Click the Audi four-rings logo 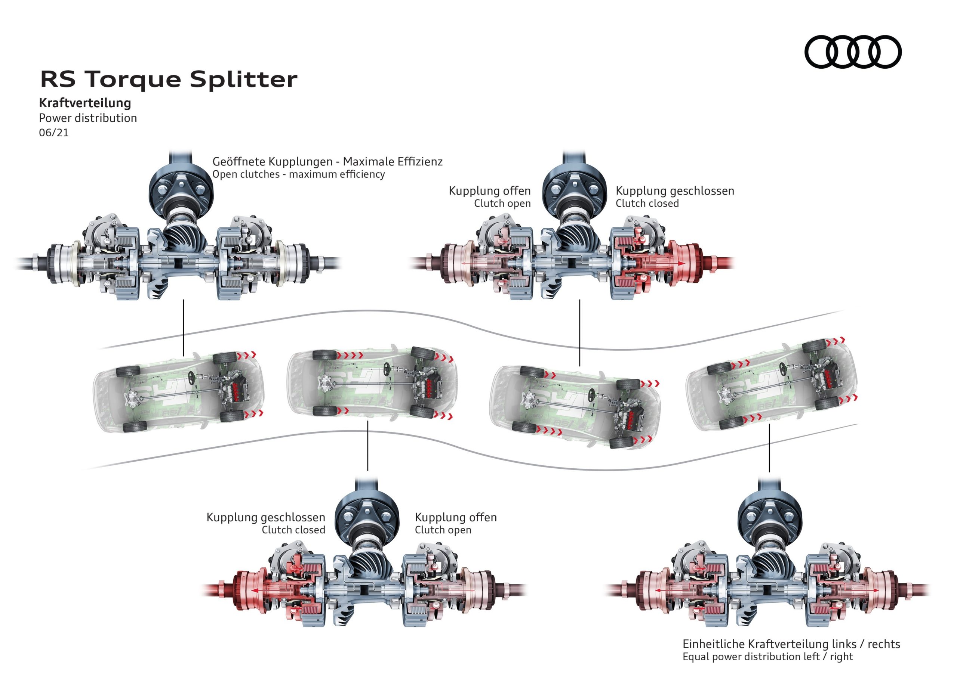click(x=852, y=52)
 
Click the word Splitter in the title click(x=243, y=79)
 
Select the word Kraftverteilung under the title click(x=85, y=103)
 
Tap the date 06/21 click(x=53, y=133)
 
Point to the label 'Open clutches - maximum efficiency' click(x=298, y=174)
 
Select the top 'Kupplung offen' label click(x=489, y=191)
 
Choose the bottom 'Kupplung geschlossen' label click(x=265, y=517)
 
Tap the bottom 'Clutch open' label click(x=443, y=530)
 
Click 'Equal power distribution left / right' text click(x=767, y=657)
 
